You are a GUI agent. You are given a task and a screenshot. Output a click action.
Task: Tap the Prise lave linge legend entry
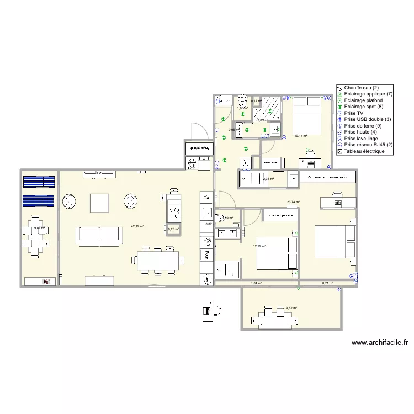pyautogui.click(x=362, y=139)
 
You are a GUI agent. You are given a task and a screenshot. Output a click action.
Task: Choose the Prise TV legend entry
pyautogui.click(x=354, y=113)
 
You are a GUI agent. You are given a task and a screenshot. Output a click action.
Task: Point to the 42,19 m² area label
pyautogui.click(x=137, y=226)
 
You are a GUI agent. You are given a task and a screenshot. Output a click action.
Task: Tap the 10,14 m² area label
pyautogui.click(x=300, y=135)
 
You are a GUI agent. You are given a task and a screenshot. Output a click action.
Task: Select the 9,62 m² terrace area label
pyautogui.click(x=291, y=309)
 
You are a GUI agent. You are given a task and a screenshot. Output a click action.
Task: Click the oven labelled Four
pyautogui.click(x=206, y=254)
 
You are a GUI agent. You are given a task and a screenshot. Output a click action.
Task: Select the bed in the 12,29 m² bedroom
pyautogui.click(x=277, y=253)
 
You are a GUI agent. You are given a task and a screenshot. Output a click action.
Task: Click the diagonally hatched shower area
pyautogui.click(x=269, y=106)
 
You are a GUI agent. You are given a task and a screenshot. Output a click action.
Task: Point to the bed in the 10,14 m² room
pyautogui.click(x=305, y=114)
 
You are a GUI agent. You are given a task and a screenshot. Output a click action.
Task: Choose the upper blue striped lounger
pyautogui.click(x=39, y=182)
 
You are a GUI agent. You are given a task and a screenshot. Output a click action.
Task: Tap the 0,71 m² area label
pyautogui.click(x=328, y=283)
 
